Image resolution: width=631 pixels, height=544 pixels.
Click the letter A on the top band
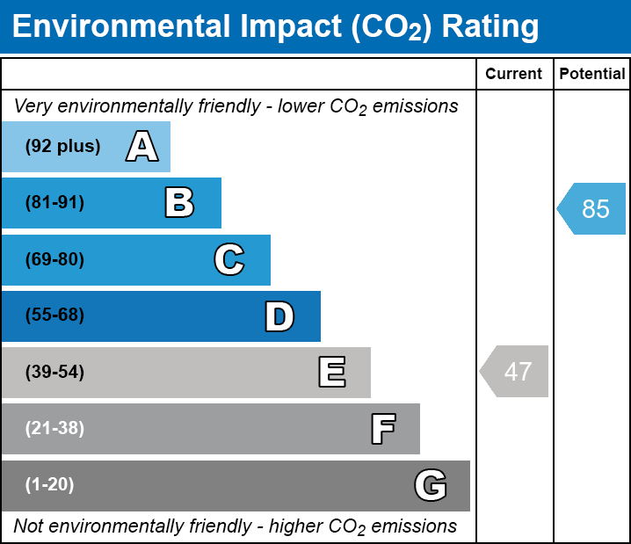tap(142, 147)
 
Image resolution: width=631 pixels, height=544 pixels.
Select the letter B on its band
tap(179, 203)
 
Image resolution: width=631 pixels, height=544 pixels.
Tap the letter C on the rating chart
tap(228, 259)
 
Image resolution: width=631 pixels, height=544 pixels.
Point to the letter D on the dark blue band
tap(279, 316)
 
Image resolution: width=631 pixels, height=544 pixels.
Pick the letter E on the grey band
tap(331, 373)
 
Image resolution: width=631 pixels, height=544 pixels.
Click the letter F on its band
tap(382, 429)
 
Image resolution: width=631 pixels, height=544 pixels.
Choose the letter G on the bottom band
tap(431, 485)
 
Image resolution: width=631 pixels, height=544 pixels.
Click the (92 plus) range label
tap(63, 147)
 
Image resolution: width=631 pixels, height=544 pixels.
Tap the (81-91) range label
tap(54, 203)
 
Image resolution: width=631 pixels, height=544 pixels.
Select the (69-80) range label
tap(54, 259)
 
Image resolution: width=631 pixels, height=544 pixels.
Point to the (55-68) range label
tap(54, 316)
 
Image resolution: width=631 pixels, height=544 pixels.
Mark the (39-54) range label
tap(54, 373)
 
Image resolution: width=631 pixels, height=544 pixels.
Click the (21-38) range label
tap(54, 429)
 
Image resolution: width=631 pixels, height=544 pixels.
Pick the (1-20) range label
tap(49, 485)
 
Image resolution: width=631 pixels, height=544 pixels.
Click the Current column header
tap(514, 75)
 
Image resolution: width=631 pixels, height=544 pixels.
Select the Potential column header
tap(592, 75)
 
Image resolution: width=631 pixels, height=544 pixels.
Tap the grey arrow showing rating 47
tap(515, 372)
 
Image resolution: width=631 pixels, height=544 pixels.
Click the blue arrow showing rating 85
tap(592, 209)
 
